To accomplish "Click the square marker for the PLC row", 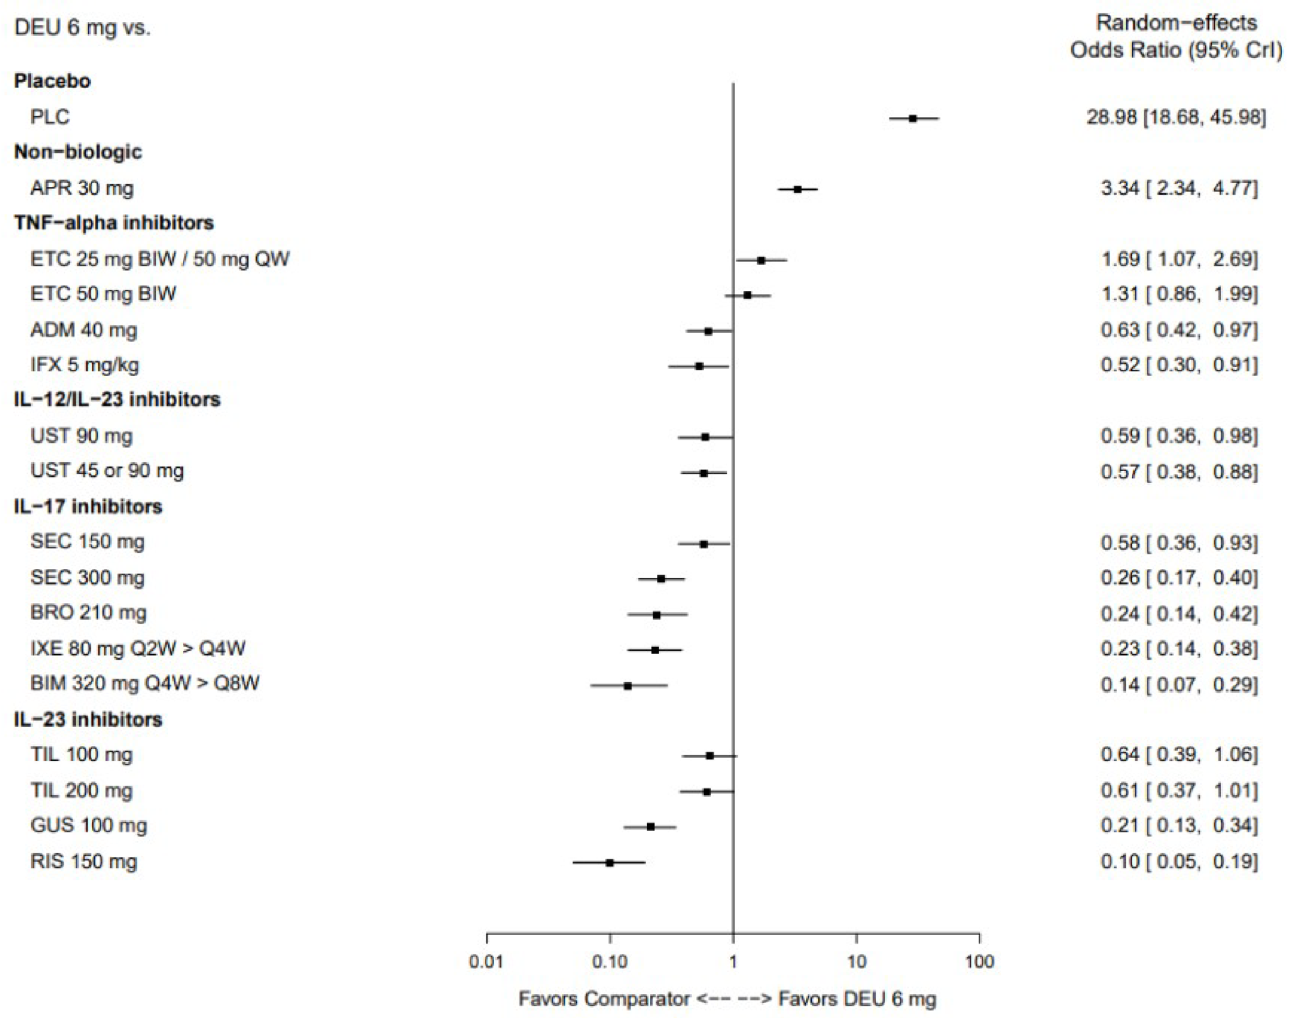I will click(x=913, y=118).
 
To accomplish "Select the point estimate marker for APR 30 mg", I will click(x=797, y=189).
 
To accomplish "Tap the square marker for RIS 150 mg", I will click(x=610, y=862).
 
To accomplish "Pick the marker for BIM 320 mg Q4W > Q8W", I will click(x=627, y=686).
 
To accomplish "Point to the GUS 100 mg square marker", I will click(x=651, y=827).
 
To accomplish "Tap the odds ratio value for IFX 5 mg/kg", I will click(x=1179, y=365).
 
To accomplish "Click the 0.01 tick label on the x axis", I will click(x=485, y=961).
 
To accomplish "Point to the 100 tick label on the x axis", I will click(x=979, y=961).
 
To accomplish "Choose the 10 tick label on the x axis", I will click(x=856, y=961).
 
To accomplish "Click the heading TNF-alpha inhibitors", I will click(x=113, y=222).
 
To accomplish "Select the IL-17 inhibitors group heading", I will click(x=88, y=506).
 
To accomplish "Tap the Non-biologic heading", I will click(x=78, y=152).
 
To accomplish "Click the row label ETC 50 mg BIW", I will click(x=103, y=293).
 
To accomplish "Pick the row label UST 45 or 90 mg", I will click(x=107, y=470).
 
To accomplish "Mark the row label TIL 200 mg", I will click(x=82, y=790).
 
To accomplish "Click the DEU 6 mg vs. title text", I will click(x=82, y=28).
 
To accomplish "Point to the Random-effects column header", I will click(x=1176, y=23).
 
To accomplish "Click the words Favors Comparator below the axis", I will click(x=604, y=999).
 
